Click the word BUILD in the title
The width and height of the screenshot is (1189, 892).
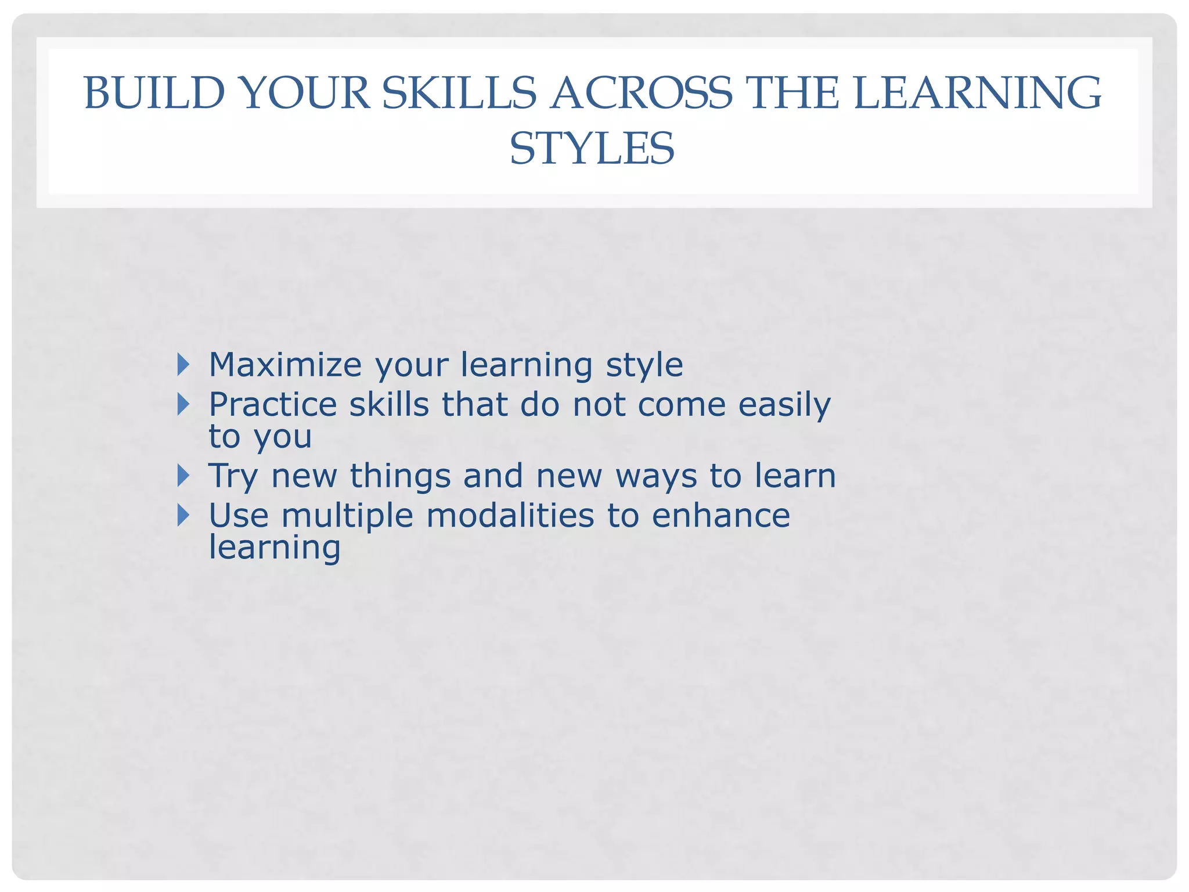(x=154, y=93)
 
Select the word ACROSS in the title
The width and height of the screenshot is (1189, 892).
(x=642, y=93)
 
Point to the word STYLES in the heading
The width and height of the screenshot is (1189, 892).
(x=592, y=149)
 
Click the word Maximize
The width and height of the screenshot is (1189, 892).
(x=285, y=365)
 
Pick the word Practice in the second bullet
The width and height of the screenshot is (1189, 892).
(x=272, y=404)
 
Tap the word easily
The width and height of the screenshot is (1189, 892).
(x=784, y=405)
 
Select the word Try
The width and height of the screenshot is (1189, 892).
(x=233, y=477)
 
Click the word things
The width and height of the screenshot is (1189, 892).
(x=400, y=476)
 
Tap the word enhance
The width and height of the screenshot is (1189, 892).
(x=720, y=515)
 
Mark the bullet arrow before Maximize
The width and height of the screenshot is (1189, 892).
(x=183, y=365)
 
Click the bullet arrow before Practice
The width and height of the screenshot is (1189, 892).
(x=183, y=404)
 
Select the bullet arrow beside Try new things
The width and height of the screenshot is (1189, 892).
(x=183, y=476)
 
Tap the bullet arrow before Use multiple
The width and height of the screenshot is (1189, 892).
(x=183, y=515)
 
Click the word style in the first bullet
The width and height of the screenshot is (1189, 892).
(x=644, y=366)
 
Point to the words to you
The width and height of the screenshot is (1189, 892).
(x=260, y=437)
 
